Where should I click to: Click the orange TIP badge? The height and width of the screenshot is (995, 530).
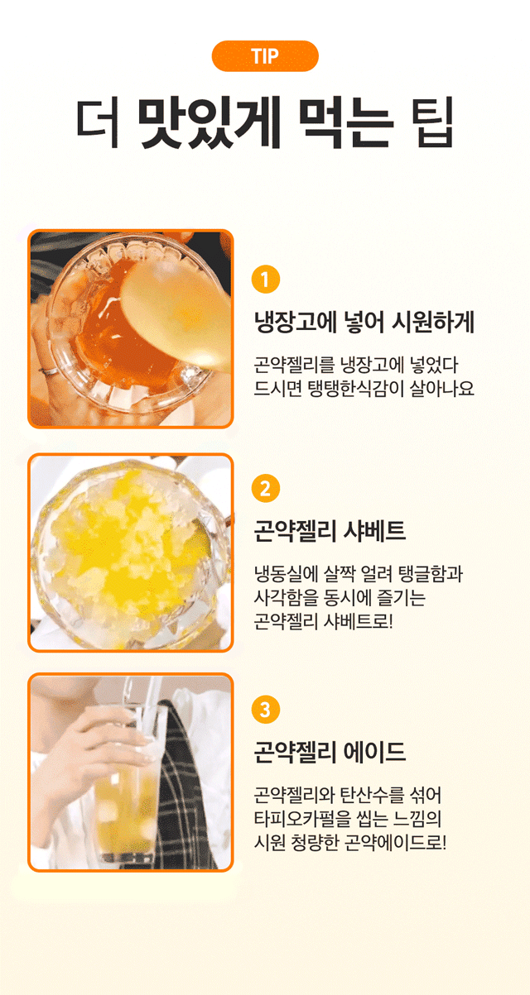(x=265, y=56)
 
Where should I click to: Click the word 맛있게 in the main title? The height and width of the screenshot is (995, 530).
(x=209, y=122)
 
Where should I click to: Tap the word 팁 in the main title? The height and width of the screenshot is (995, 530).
(x=435, y=122)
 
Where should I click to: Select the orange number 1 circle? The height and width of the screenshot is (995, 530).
(x=266, y=280)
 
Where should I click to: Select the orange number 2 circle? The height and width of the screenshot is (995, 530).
(x=266, y=489)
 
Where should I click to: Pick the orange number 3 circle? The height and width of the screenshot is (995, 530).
(x=266, y=710)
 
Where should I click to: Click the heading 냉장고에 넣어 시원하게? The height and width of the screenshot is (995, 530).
(x=364, y=322)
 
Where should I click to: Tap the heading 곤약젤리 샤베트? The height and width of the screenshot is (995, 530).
(x=330, y=530)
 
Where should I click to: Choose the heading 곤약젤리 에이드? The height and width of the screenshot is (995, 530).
(x=330, y=752)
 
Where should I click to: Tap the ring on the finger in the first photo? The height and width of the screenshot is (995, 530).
(x=49, y=371)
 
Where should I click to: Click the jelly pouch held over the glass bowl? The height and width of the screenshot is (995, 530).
(x=178, y=313)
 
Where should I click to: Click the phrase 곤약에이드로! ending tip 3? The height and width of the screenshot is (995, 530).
(x=395, y=841)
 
